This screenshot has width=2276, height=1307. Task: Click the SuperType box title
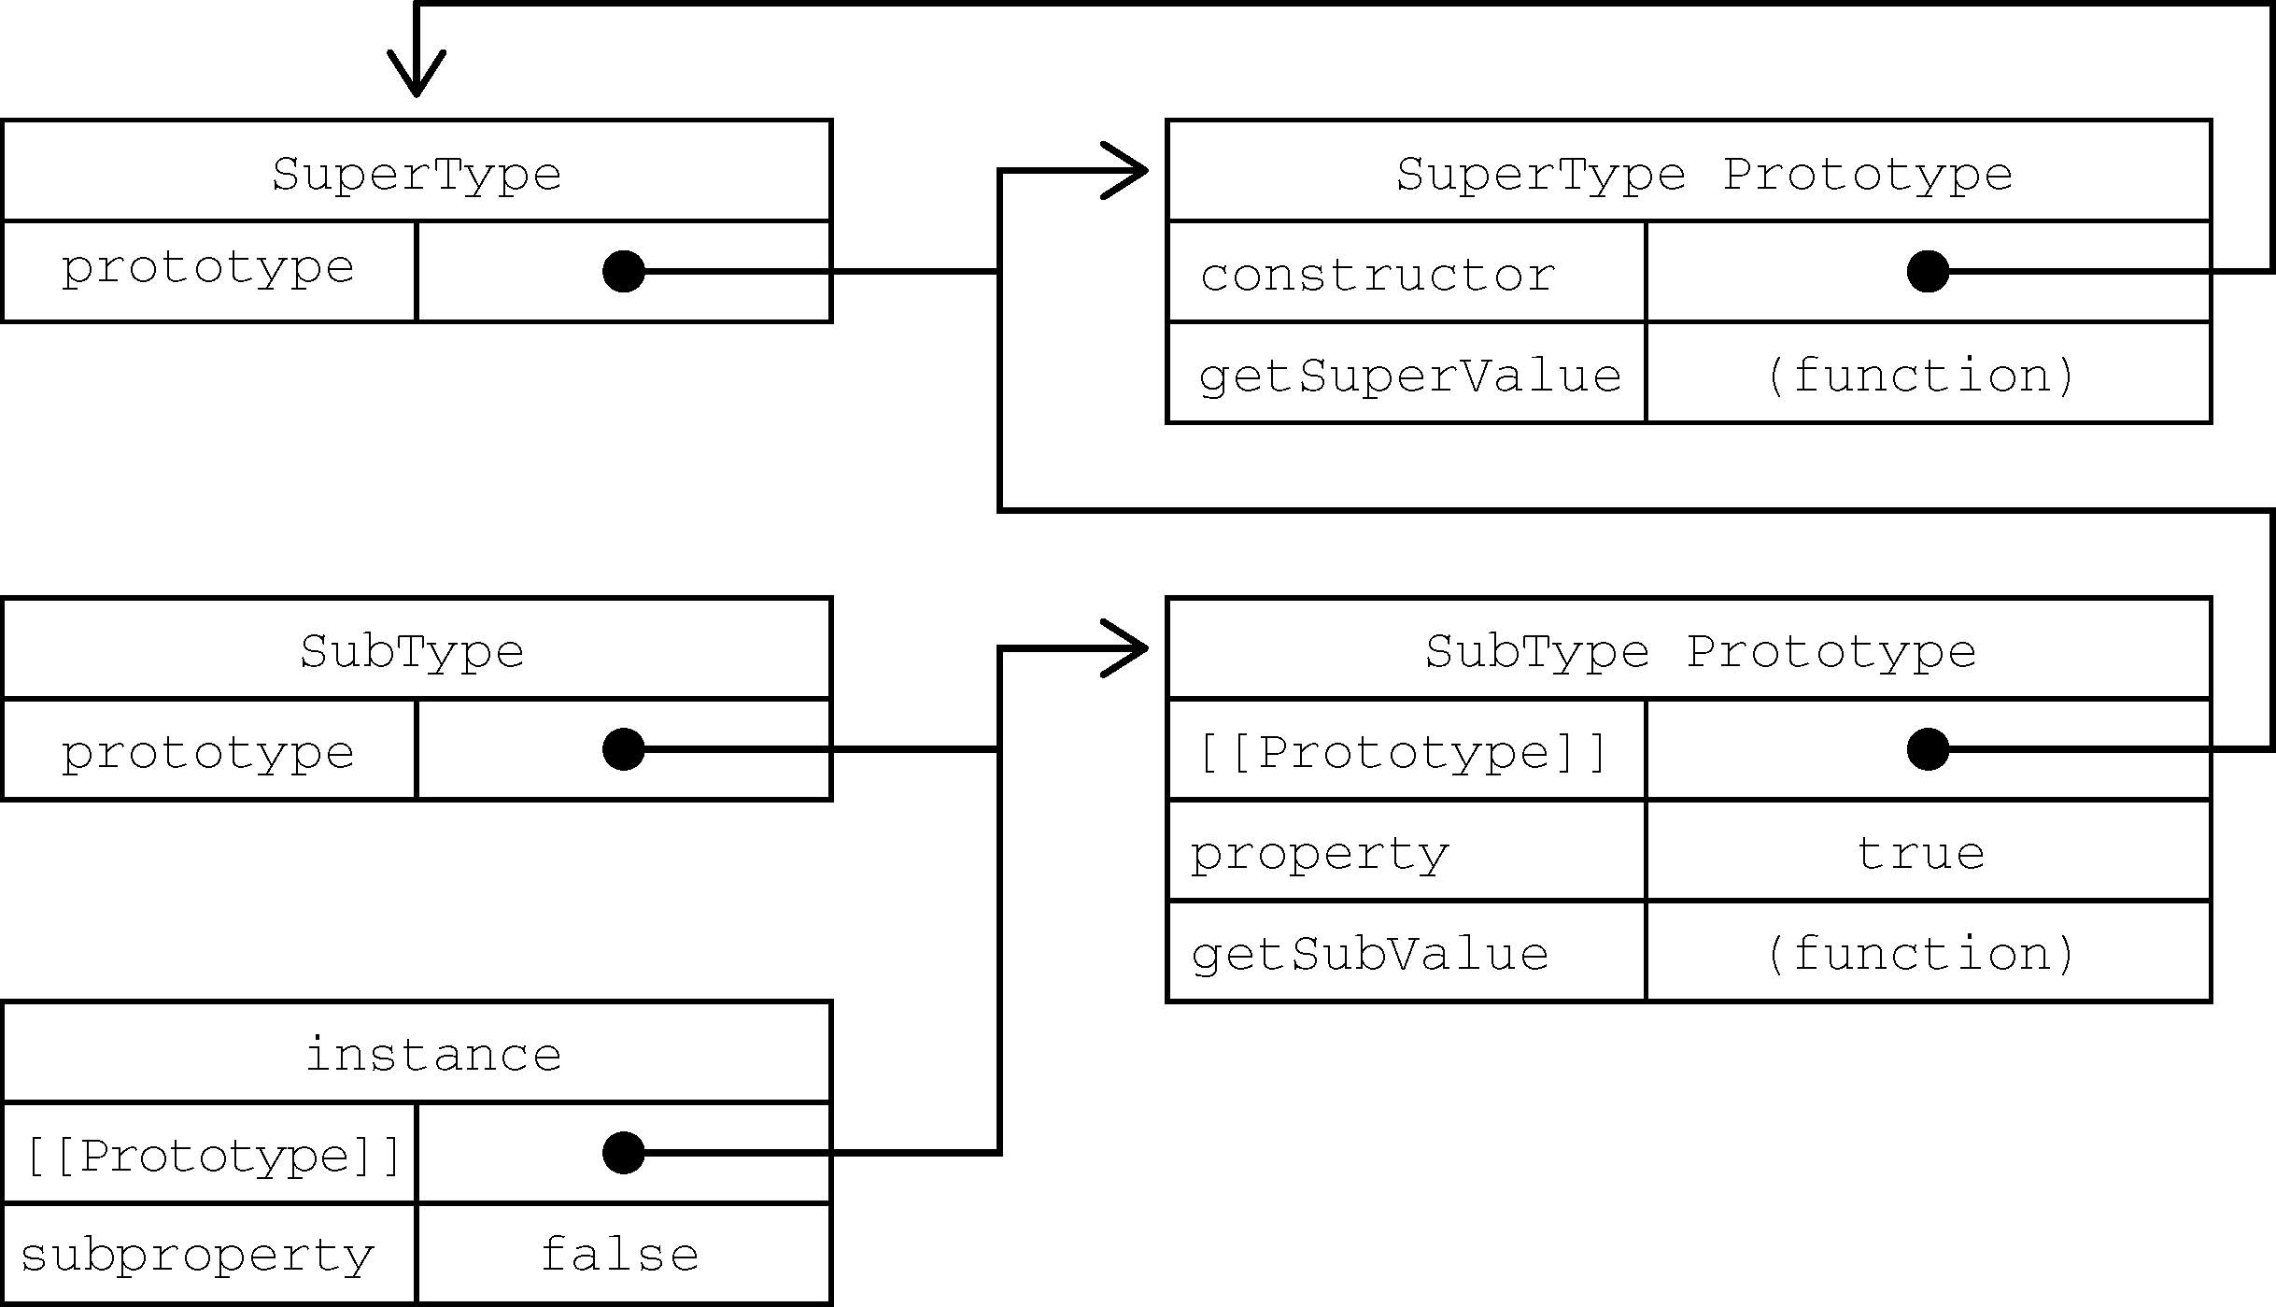pyautogui.click(x=417, y=175)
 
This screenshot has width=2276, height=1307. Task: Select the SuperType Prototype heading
pyautogui.click(x=1704, y=175)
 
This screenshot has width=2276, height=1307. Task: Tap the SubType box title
pyautogui.click(x=412, y=651)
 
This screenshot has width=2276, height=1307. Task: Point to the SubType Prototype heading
pyautogui.click(x=1701, y=651)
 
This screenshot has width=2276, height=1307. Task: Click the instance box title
pyautogui.click(x=434, y=1055)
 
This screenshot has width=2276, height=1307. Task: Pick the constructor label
pyautogui.click(x=1378, y=275)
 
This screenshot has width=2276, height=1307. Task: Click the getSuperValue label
pyautogui.click(x=1410, y=376)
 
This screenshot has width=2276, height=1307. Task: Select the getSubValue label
pyautogui.click(x=1370, y=954)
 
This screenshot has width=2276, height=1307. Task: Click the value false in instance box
pyautogui.click(x=620, y=1254)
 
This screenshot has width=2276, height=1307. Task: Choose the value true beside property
pyautogui.click(x=1920, y=853)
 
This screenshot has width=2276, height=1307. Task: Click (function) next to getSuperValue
pyautogui.click(x=1920, y=376)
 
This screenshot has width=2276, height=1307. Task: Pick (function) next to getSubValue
pyautogui.click(x=1920, y=954)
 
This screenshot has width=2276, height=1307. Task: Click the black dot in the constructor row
pyautogui.click(x=1928, y=272)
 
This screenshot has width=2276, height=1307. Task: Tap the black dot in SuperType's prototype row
pyautogui.click(x=624, y=272)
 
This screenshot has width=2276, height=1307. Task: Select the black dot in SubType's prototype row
pyautogui.click(x=624, y=749)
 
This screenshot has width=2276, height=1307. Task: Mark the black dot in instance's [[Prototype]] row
pyautogui.click(x=624, y=1153)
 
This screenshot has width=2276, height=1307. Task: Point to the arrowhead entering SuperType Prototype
pyautogui.click(x=1125, y=171)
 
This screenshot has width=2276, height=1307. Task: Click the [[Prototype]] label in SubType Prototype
pyautogui.click(x=1402, y=753)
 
